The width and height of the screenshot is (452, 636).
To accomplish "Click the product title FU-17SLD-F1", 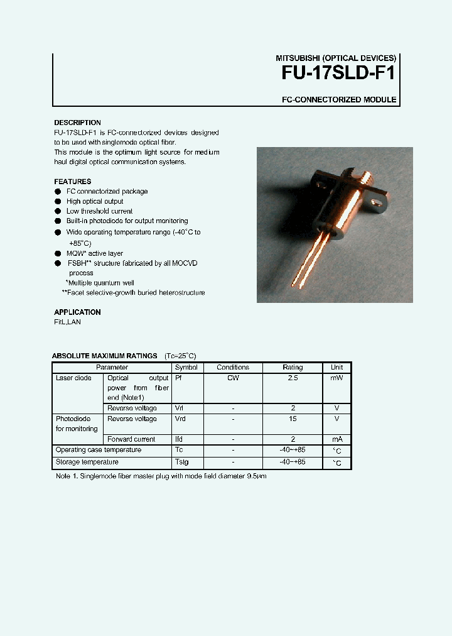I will pyautogui.click(x=338, y=73).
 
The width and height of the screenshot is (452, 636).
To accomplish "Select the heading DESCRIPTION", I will pyautogui.click(x=77, y=123).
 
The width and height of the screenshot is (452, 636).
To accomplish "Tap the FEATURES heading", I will pyautogui.click(x=72, y=182).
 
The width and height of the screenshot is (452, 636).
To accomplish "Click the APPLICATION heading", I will pyautogui.click(x=77, y=312).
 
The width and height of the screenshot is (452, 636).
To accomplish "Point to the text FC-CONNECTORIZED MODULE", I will pyautogui.click(x=338, y=100).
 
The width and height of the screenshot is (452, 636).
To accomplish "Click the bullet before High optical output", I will pyautogui.click(x=58, y=202).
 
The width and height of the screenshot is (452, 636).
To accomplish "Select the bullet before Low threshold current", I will pyautogui.click(x=58, y=212).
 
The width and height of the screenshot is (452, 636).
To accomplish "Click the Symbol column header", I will pyautogui.click(x=186, y=368).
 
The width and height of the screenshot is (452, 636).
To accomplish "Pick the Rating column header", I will pyautogui.click(x=293, y=368).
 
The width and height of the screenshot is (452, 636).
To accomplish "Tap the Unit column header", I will pyautogui.click(x=336, y=368).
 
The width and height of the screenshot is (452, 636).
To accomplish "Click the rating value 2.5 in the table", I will pyautogui.click(x=293, y=378).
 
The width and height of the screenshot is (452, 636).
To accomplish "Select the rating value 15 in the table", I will pyautogui.click(x=293, y=419).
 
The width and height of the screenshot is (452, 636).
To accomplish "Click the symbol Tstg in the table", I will pyautogui.click(x=181, y=463).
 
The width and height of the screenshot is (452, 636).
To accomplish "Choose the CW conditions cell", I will pyautogui.click(x=233, y=378).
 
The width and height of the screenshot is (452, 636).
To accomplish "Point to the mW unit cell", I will pyautogui.click(x=336, y=378).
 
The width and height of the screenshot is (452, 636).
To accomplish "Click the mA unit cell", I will pyautogui.click(x=336, y=440).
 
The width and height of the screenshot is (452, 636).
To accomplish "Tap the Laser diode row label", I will pyautogui.click(x=73, y=378).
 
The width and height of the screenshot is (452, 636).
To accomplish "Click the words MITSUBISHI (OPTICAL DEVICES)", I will pyautogui.click(x=336, y=58).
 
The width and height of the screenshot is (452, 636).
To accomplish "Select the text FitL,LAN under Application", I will pyautogui.click(x=67, y=322).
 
